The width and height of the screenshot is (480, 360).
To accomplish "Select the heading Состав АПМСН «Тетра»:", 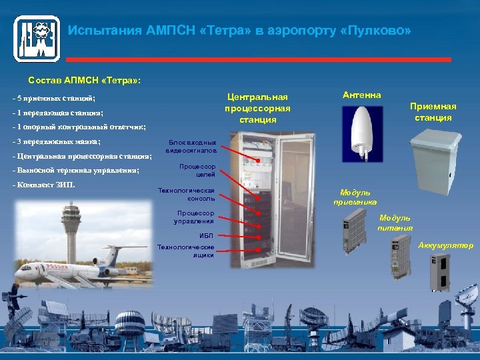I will (x=84, y=80).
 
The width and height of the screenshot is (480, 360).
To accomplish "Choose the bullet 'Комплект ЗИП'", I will (x=46, y=184).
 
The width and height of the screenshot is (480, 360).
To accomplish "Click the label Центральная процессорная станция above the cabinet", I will (x=257, y=108).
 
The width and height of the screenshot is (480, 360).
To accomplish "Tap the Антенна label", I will (x=362, y=95).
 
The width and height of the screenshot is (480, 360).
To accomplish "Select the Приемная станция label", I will (x=433, y=112).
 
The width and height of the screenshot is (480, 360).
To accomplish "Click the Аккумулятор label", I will (x=445, y=245).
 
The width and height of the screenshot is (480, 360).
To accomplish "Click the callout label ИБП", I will (x=206, y=235).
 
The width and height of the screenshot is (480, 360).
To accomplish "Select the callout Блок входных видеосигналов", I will (x=191, y=147).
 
